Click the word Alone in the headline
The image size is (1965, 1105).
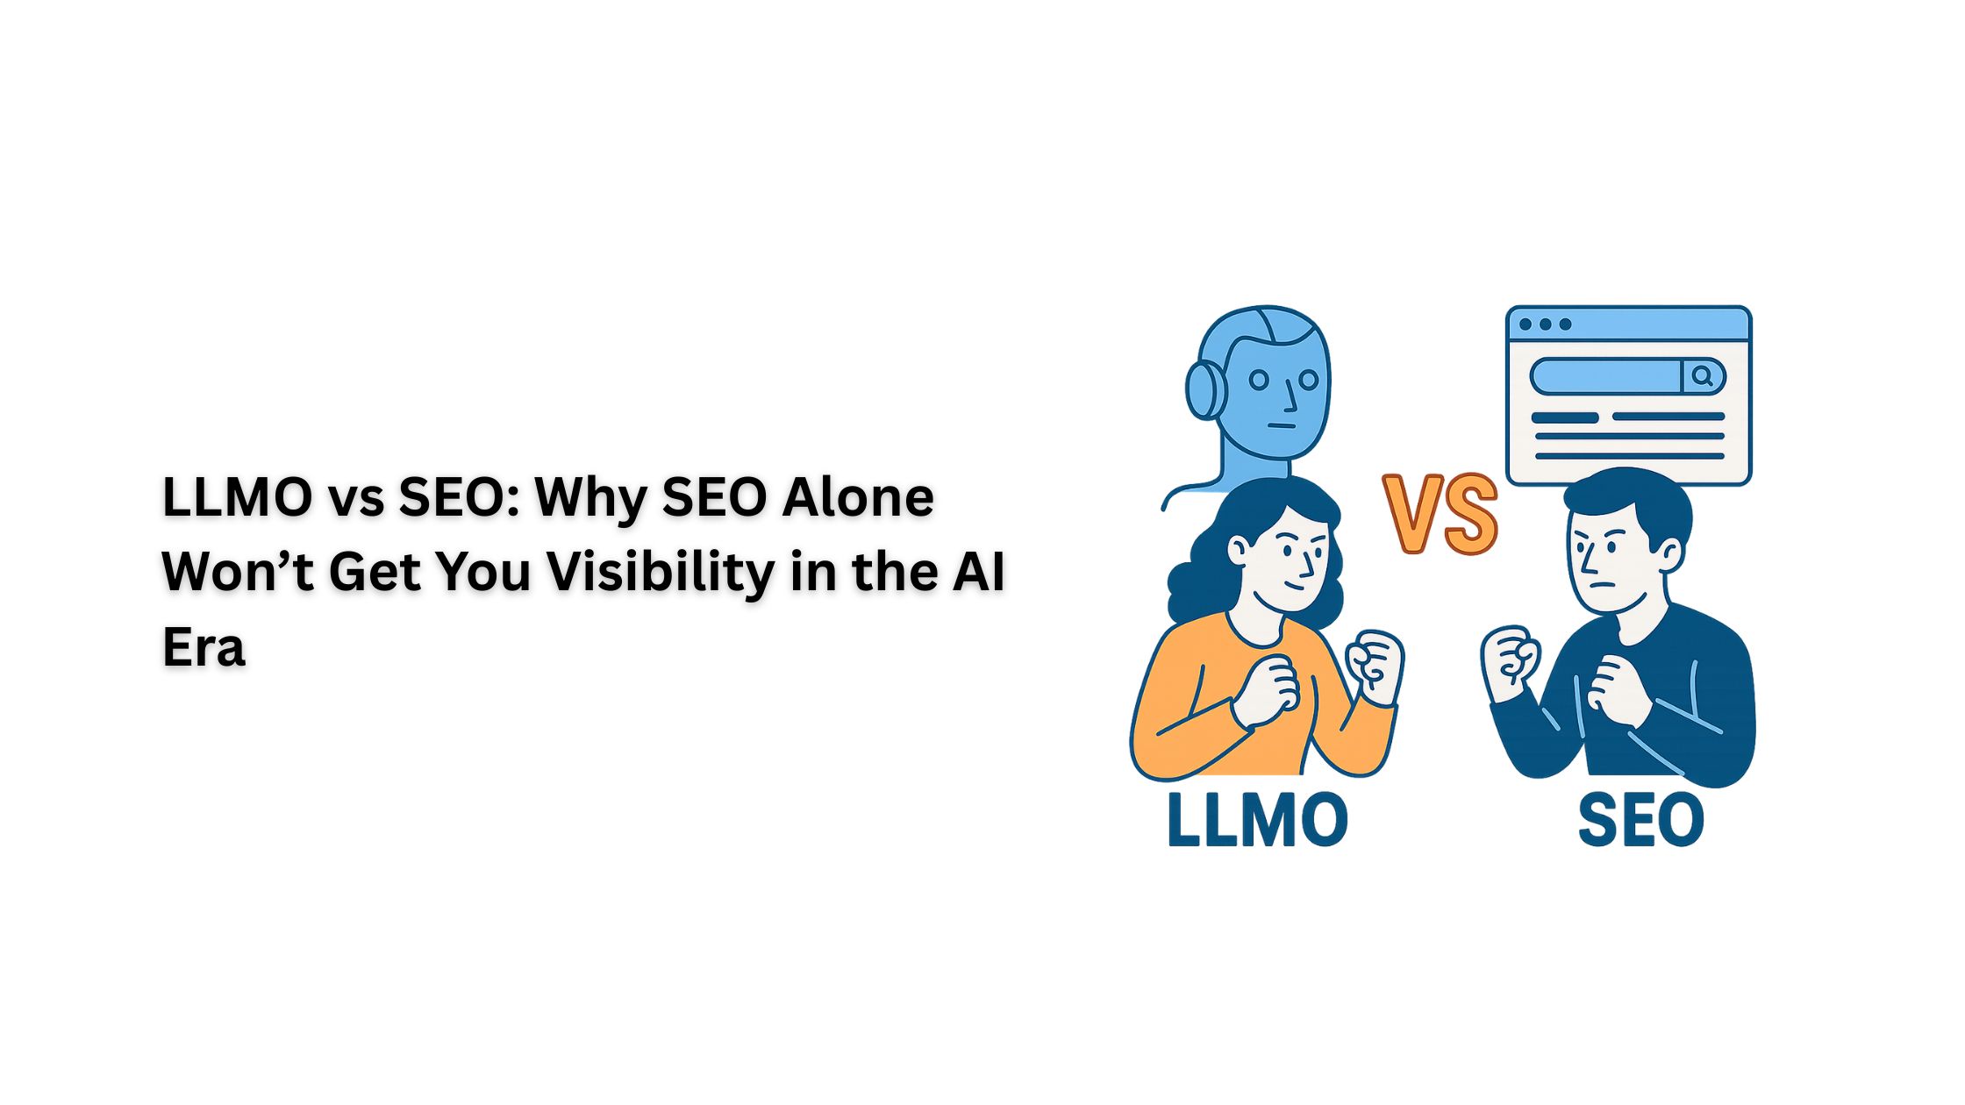coord(857,497)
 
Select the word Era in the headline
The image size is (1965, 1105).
coord(204,647)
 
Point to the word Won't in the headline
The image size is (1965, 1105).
coord(237,572)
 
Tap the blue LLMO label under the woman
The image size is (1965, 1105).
coord(1256,820)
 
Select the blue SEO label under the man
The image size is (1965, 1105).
coord(1640,820)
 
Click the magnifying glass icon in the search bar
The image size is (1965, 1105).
coord(1703,377)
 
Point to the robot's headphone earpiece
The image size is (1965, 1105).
coord(1204,389)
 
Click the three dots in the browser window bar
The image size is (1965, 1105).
coord(1545,324)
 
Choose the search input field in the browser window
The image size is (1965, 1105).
coord(1605,377)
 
